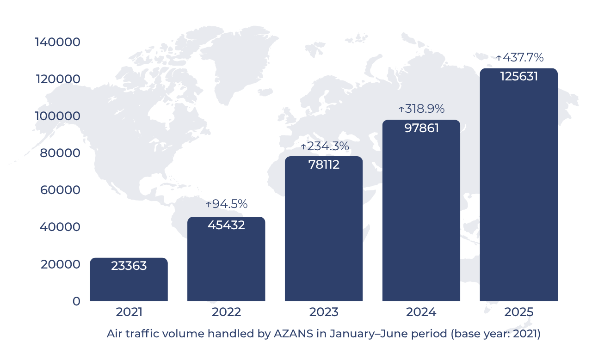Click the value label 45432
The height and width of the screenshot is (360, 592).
pos(226,225)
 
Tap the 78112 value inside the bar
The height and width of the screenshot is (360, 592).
pos(324,165)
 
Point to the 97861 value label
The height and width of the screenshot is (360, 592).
pos(421,128)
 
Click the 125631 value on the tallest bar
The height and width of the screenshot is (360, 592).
pos(519,77)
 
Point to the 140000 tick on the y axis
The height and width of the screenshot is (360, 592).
pos(58,42)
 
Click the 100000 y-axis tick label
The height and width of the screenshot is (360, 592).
pos(58,116)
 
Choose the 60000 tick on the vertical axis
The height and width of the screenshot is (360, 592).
pos(60,190)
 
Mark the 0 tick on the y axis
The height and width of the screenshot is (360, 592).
pos(75,301)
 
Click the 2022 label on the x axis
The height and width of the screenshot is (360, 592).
pos(226,312)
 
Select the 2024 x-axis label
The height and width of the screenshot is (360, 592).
pos(421,312)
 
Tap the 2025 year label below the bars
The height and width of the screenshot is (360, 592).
pos(519,312)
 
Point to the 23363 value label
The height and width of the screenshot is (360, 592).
pos(129,266)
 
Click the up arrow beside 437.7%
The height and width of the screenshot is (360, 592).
pos(499,58)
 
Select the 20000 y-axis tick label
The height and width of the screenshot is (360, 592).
pos(60,264)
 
